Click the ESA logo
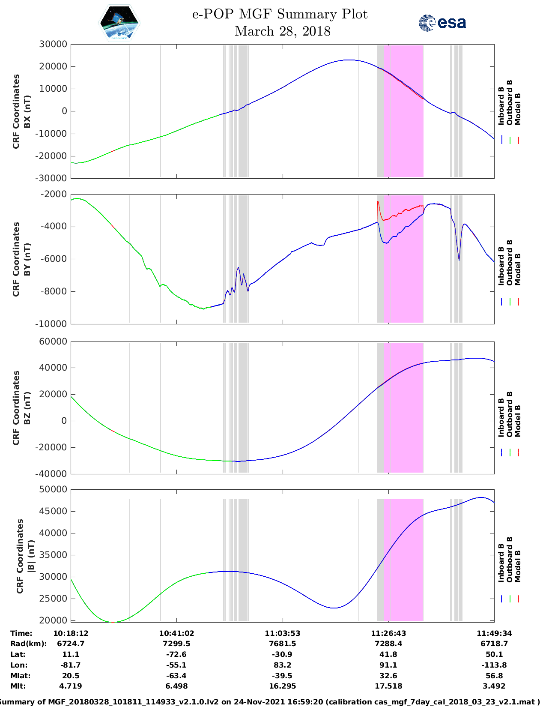[x=442, y=22]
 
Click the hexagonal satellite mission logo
[x=119, y=23]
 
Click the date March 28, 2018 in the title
[x=282, y=31]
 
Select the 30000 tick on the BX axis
[x=53, y=44]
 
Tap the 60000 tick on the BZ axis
[x=53, y=342]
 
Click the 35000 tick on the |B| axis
[x=53, y=555]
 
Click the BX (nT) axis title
[x=27, y=111]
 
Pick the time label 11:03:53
[x=282, y=633]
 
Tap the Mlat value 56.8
[x=494, y=676]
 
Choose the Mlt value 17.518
[x=388, y=686]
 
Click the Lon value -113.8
[x=494, y=665]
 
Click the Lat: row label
[x=18, y=654]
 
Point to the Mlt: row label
[x=18, y=686]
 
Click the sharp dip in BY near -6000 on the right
[x=459, y=259]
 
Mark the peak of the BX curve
[x=350, y=60]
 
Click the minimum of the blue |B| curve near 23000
[x=334, y=608]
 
